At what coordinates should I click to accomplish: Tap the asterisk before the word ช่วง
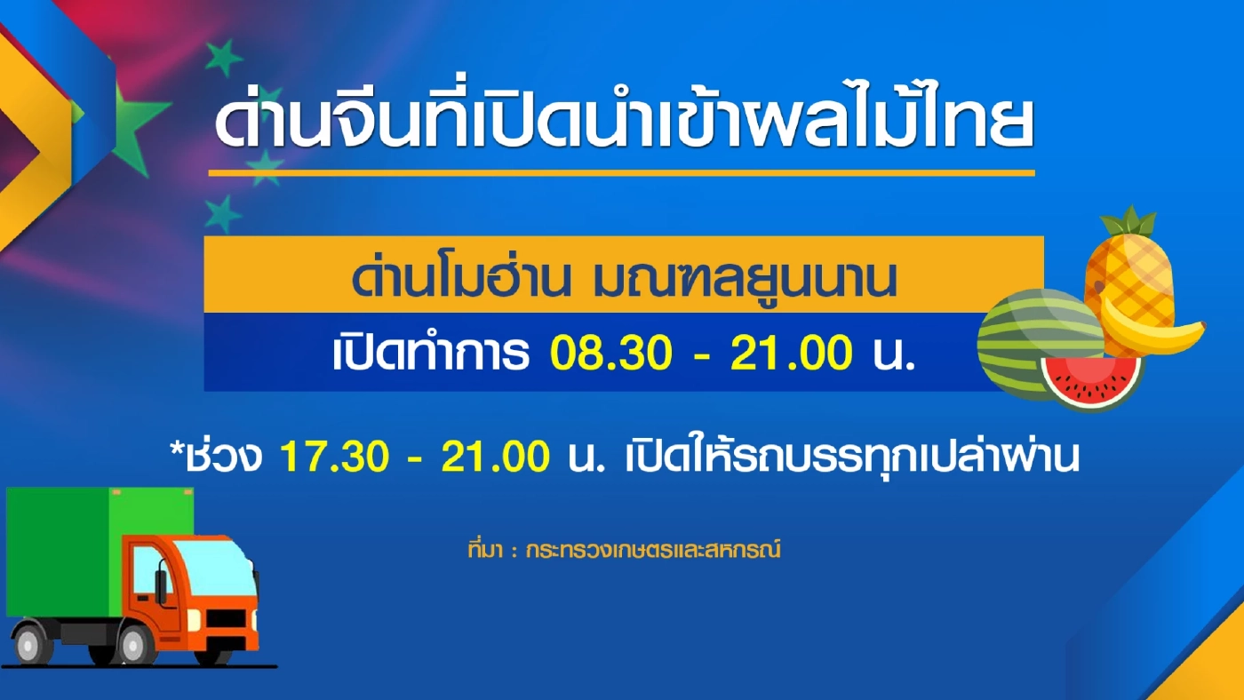tap(176, 449)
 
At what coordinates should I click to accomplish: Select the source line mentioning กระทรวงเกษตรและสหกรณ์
tap(623, 550)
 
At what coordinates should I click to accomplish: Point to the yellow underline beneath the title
tap(621, 172)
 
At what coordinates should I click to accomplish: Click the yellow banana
tap(1155, 330)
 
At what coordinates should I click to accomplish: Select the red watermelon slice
tap(1090, 381)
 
